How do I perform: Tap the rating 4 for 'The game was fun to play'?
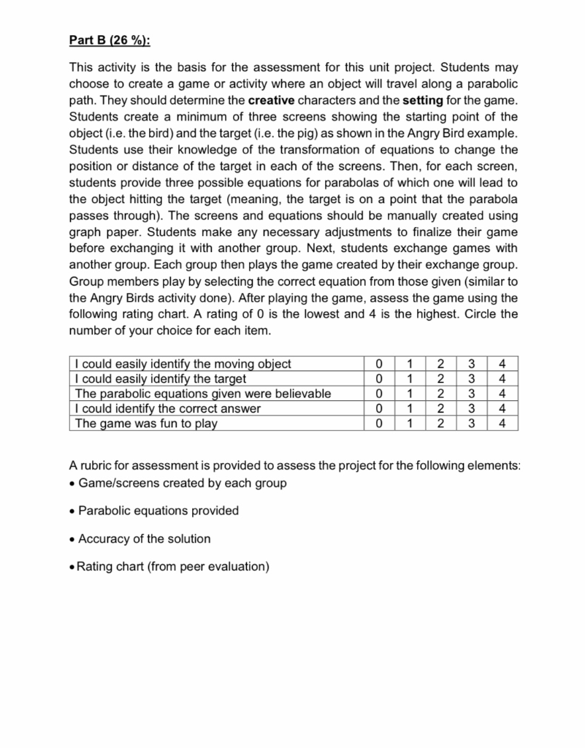pyautogui.click(x=501, y=423)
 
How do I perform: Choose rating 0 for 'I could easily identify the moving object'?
pyautogui.click(x=377, y=364)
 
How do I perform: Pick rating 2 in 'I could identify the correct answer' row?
pyautogui.click(x=439, y=408)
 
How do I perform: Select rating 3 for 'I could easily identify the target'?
pyautogui.click(x=470, y=378)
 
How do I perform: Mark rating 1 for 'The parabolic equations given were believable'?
pyautogui.click(x=408, y=394)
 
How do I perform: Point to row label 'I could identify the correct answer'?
pyautogui.click(x=169, y=408)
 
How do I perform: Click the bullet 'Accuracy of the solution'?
pyautogui.click(x=144, y=538)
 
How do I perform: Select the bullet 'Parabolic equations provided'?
pyautogui.click(x=158, y=511)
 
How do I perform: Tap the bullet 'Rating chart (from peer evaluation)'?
pyautogui.click(x=173, y=566)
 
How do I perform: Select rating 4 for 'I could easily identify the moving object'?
pyautogui.click(x=501, y=364)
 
